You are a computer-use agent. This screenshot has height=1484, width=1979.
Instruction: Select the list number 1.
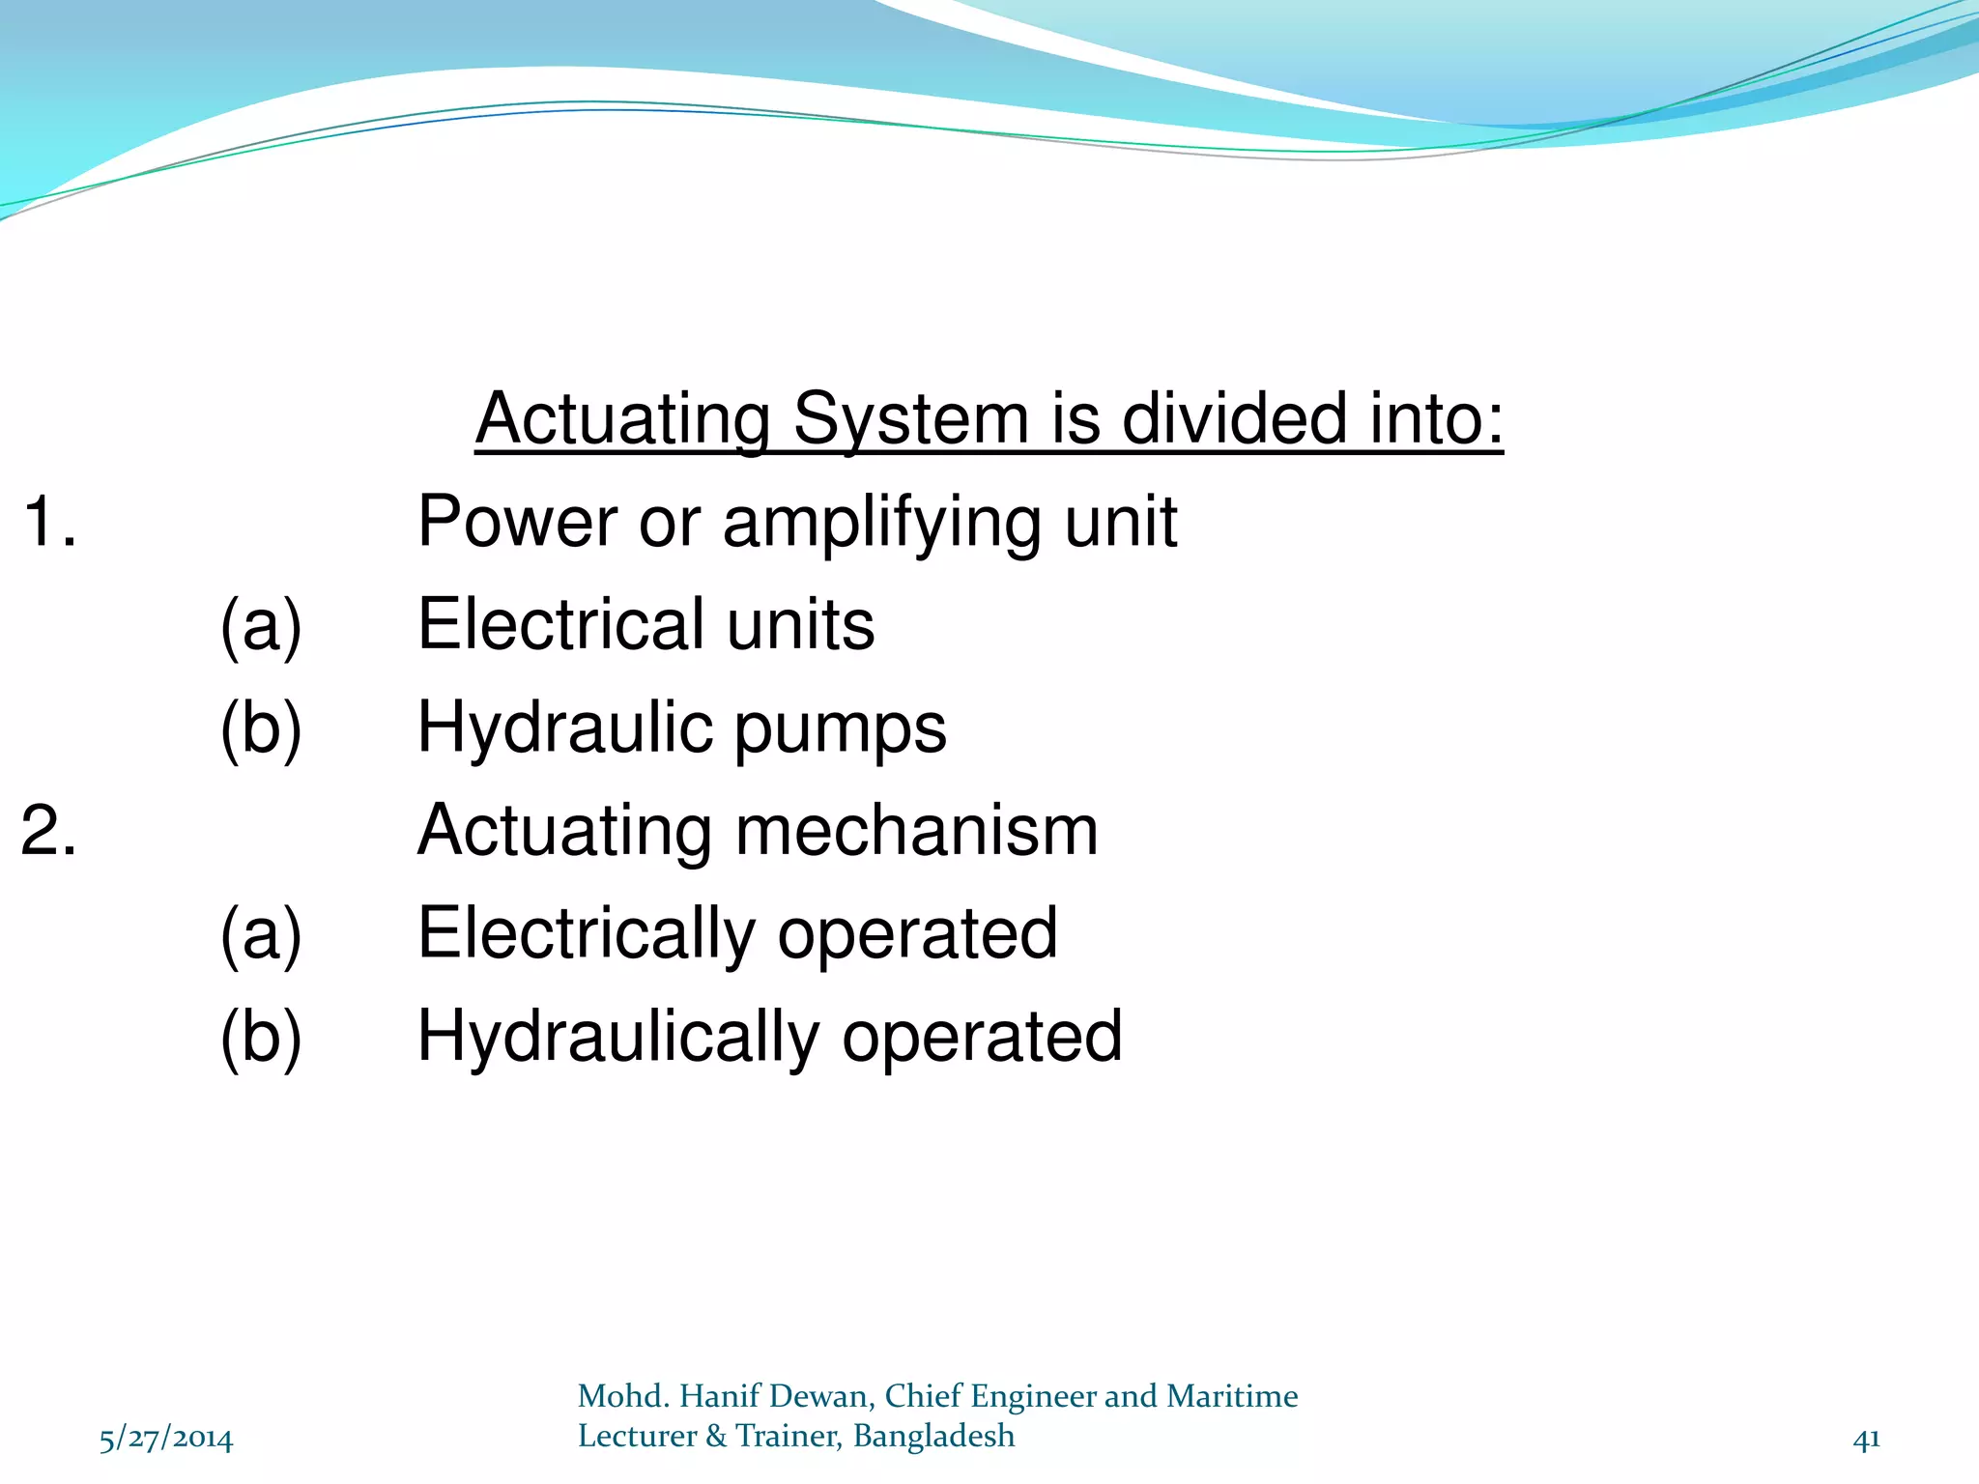pyautogui.click(x=48, y=522)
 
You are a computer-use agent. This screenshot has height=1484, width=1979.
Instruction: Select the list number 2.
pyautogui.click(x=48, y=831)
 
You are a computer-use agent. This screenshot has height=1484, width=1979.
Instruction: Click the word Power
pyautogui.click(x=517, y=522)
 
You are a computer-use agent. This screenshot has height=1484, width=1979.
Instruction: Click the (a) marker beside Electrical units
pyautogui.click(x=261, y=625)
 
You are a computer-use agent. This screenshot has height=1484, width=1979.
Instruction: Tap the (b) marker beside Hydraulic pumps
pyautogui.click(x=261, y=728)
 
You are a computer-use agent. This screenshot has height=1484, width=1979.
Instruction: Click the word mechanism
pyautogui.click(x=916, y=831)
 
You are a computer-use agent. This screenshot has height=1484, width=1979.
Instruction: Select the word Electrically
pyautogui.click(x=587, y=934)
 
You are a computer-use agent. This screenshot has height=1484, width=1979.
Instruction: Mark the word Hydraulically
pyautogui.click(x=618, y=1038)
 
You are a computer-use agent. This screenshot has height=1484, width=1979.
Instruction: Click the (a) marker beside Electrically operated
pyautogui.click(x=261, y=934)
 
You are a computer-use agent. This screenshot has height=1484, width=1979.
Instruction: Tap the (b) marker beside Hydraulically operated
pyautogui.click(x=261, y=1038)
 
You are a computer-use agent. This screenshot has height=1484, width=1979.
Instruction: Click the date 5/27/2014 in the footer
pyautogui.click(x=166, y=1440)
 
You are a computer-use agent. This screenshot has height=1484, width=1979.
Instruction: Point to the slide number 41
pyautogui.click(x=1866, y=1440)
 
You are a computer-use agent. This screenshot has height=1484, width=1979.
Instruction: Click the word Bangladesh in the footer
pyautogui.click(x=933, y=1437)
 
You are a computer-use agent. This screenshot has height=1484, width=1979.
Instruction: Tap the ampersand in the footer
pyautogui.click(x=716, y=1437)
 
